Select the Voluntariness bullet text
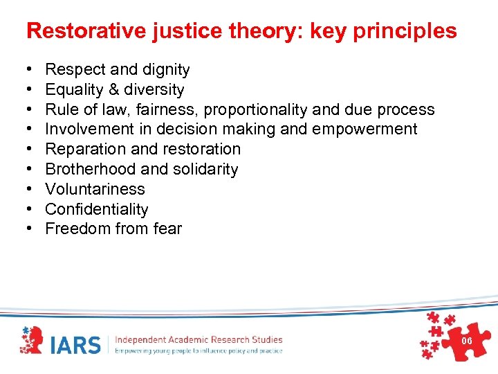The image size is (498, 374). (x=95, y=189)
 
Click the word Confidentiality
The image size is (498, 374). (x=96, y=209)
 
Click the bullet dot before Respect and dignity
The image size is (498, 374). (x=28, y=70)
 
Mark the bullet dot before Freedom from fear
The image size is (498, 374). (x=28, y=229)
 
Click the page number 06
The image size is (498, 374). (x=467, y=341)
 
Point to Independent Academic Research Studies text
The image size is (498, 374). (x=199, y=339)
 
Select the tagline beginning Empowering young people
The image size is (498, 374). (x=199, y=351)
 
